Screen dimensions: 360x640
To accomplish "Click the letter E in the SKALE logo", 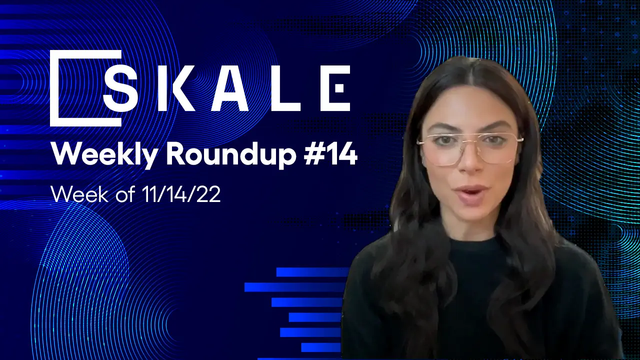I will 334,88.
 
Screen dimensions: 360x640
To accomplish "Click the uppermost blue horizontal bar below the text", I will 312,272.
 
